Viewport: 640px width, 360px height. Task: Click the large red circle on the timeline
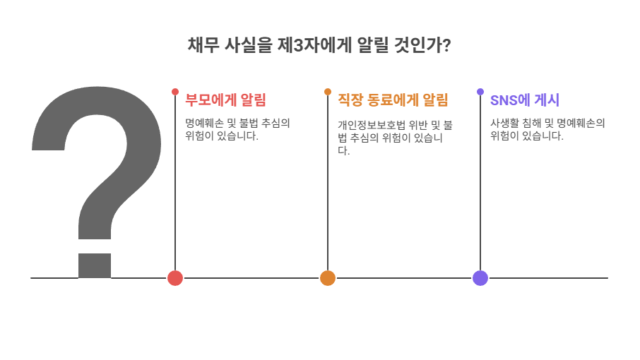[x=175, y=278]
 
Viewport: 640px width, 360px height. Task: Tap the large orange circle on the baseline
[x=327, y=278]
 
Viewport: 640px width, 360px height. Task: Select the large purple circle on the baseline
[x=480, y=278]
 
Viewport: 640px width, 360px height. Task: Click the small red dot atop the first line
[x=175, y=92]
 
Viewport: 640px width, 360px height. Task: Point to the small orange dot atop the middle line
[x=328, y=92]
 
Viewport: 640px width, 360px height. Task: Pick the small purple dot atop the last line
[x=480, y=92]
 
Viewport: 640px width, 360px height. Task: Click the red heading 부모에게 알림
[x=225, y=100]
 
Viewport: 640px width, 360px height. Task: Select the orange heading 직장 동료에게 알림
[x=393, y=100]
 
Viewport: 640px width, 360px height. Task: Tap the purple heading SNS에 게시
[x=525, y=100]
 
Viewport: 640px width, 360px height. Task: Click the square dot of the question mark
[x=95, y=265]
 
